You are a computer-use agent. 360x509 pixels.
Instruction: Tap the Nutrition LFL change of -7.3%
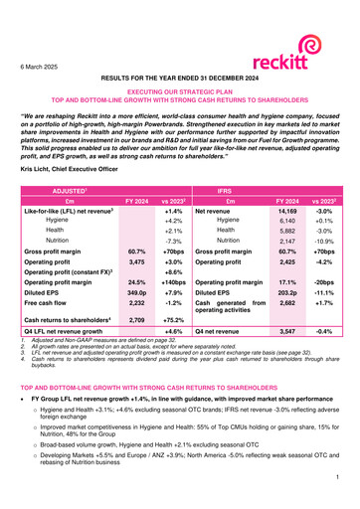174,241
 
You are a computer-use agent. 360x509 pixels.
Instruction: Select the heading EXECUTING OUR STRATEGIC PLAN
180,89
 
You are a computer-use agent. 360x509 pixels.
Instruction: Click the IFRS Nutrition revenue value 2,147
289,241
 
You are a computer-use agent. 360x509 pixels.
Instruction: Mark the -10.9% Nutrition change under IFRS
325,241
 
